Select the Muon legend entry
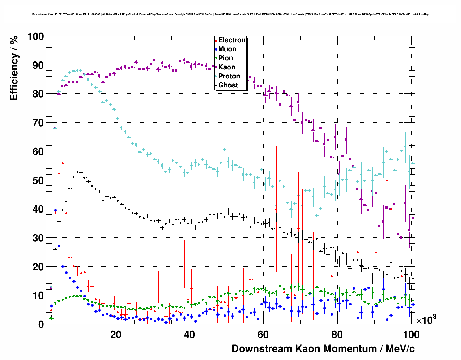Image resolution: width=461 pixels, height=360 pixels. [227, 49]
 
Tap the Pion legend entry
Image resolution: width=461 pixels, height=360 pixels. [225, 58]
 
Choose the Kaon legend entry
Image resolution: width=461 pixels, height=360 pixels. [227, 67]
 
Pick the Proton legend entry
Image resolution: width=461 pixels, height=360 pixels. [229, 76]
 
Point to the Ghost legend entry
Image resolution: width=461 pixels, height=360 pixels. [228, 85]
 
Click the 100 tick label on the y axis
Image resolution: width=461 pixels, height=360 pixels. [36, 37]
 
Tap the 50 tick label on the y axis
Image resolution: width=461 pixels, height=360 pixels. [38, 180]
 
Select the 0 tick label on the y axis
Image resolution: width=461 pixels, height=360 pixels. [41, 324]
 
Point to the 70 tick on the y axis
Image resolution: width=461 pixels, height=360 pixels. [38, 123]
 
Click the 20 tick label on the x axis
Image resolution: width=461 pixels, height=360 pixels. [116, 334]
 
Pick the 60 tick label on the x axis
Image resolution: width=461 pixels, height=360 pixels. [263, 334]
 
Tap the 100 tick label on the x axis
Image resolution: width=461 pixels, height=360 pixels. [411, 334]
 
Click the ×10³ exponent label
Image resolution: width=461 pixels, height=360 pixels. [426, 320]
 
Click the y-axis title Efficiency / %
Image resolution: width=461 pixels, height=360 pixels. [14, 68]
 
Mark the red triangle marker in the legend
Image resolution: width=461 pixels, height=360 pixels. [216, 40]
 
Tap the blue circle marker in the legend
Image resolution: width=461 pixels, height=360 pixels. [216, 49]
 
